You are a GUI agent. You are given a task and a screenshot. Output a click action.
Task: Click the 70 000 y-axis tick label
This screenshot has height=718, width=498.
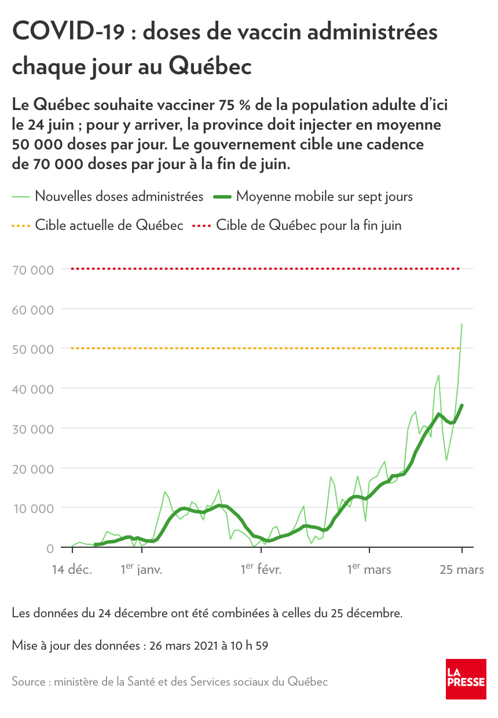(x=33, y=269)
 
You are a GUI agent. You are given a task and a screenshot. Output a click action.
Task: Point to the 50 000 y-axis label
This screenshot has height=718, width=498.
(x=33, y=349)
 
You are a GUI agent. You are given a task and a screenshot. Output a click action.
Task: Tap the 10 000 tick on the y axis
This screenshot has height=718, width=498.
(x=33, y=508)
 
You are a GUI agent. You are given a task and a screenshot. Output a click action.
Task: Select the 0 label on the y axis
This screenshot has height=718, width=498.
(x=50, y=548)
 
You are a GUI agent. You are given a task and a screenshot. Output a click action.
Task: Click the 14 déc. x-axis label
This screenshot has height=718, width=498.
(x=71, y=570)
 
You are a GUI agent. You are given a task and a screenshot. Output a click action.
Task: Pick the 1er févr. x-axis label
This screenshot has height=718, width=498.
(x=261, y=569)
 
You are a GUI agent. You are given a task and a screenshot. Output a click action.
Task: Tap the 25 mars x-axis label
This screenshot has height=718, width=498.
(x=462, y=570)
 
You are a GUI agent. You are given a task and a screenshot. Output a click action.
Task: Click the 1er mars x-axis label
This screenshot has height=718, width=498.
(x=369, y=569)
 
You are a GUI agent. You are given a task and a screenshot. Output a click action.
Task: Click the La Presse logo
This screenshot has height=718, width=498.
(x=466, y=678)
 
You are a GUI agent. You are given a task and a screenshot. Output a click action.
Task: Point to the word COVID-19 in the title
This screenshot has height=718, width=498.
(x=68, y=32)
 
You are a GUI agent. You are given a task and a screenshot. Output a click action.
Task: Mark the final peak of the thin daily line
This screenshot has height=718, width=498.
(x=462, y=324)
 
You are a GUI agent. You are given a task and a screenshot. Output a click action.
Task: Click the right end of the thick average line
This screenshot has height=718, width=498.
(x=462, y=405)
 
